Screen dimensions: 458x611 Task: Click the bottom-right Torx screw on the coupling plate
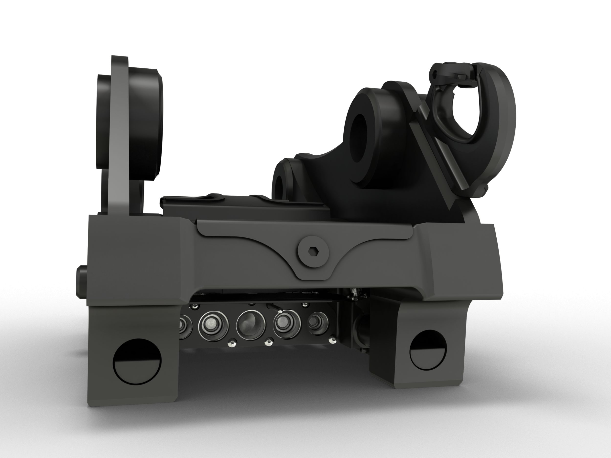click(x=332, y=340)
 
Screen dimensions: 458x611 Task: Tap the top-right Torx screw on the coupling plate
click(x=305, y=305)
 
